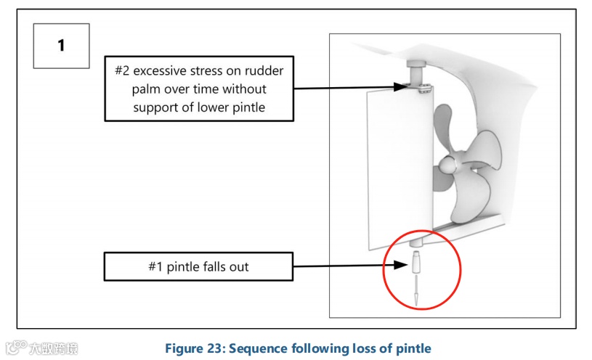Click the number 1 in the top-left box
pyautogui.click(x=62, y=45)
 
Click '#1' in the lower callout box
pyautogui.click(x=156, y=267)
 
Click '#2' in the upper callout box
pyautogui.click(x=125, y=71)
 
